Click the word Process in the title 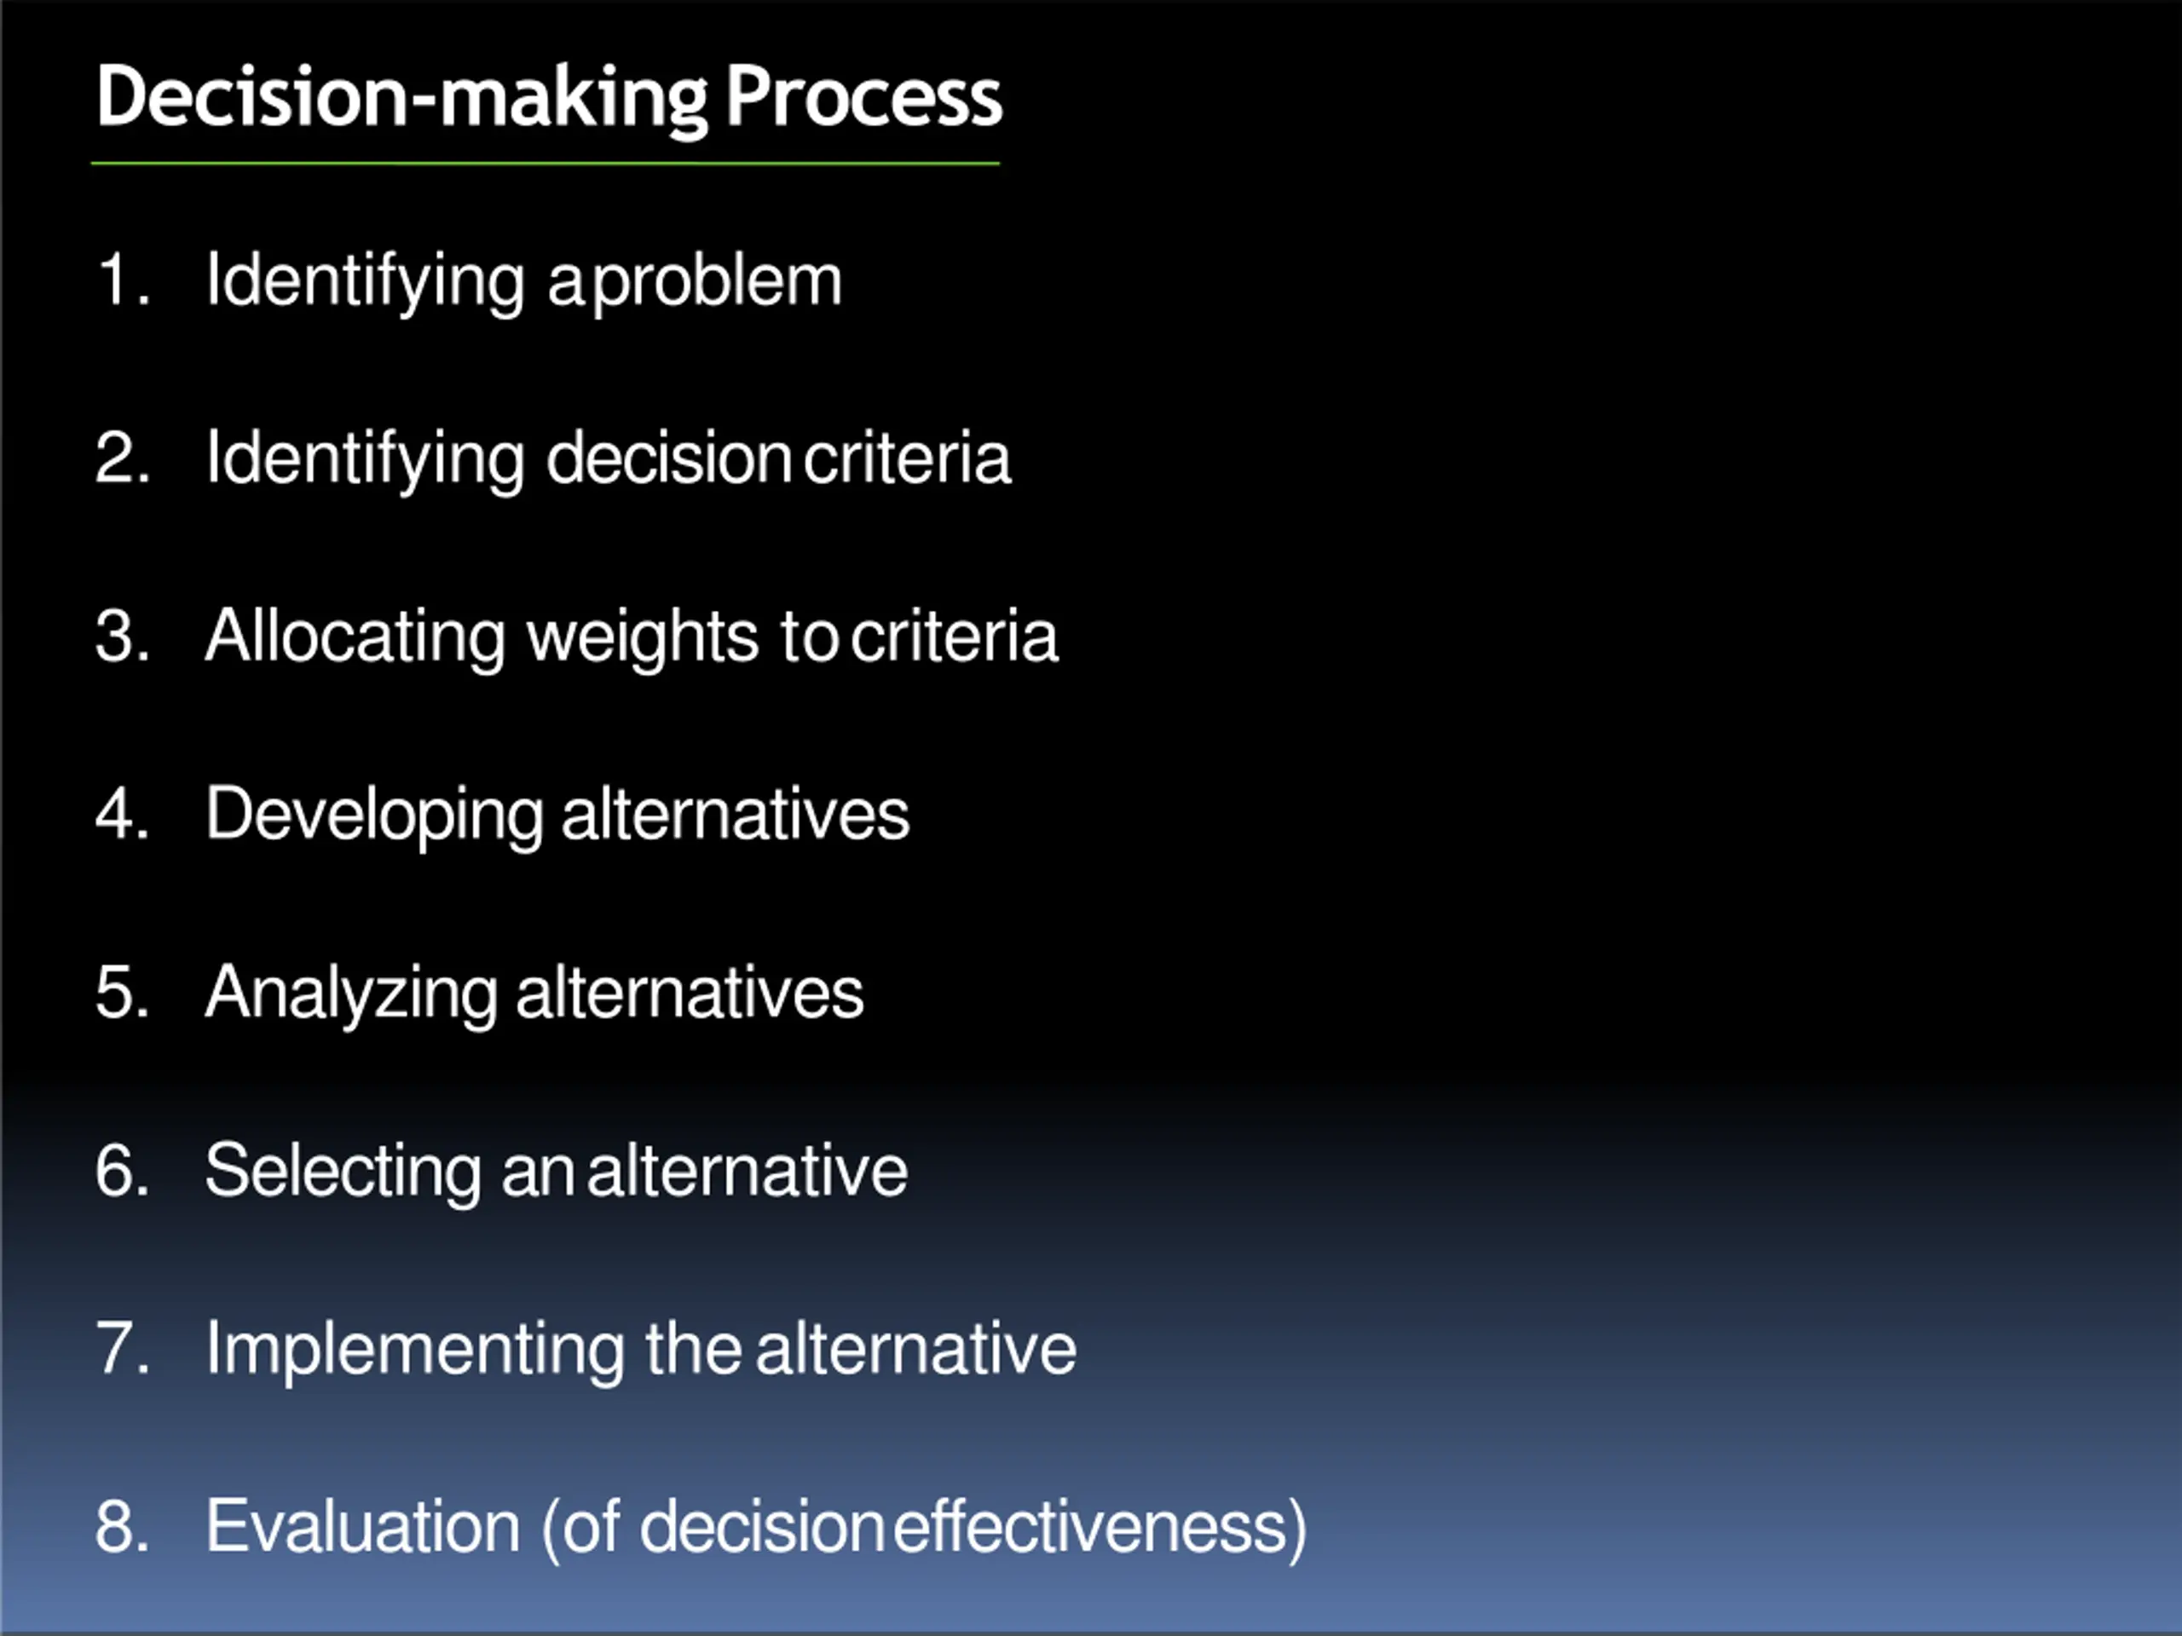click(x=863, y=99)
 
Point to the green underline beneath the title click(x=545, y=163)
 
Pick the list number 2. click(x=119, y=458)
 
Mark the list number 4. click(x=119, y=815)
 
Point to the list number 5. click(x=119, y=992)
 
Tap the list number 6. click(x=119, y=1171)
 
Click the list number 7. click(x=119, y=1348)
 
